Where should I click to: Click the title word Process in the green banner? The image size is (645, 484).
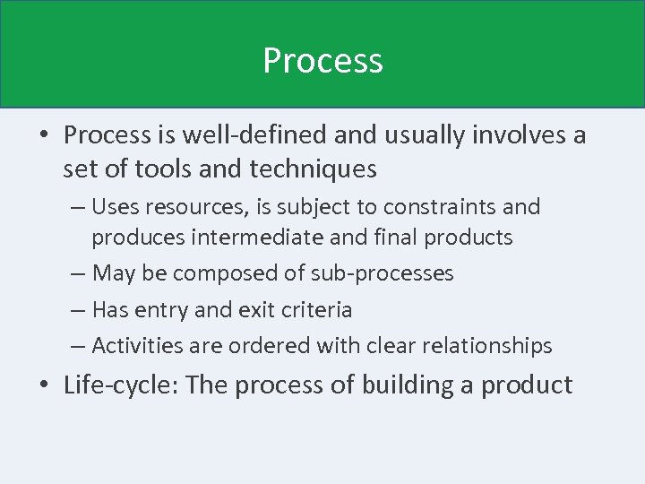coord(322,61)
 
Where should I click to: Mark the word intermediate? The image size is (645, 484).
coord(259,238)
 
